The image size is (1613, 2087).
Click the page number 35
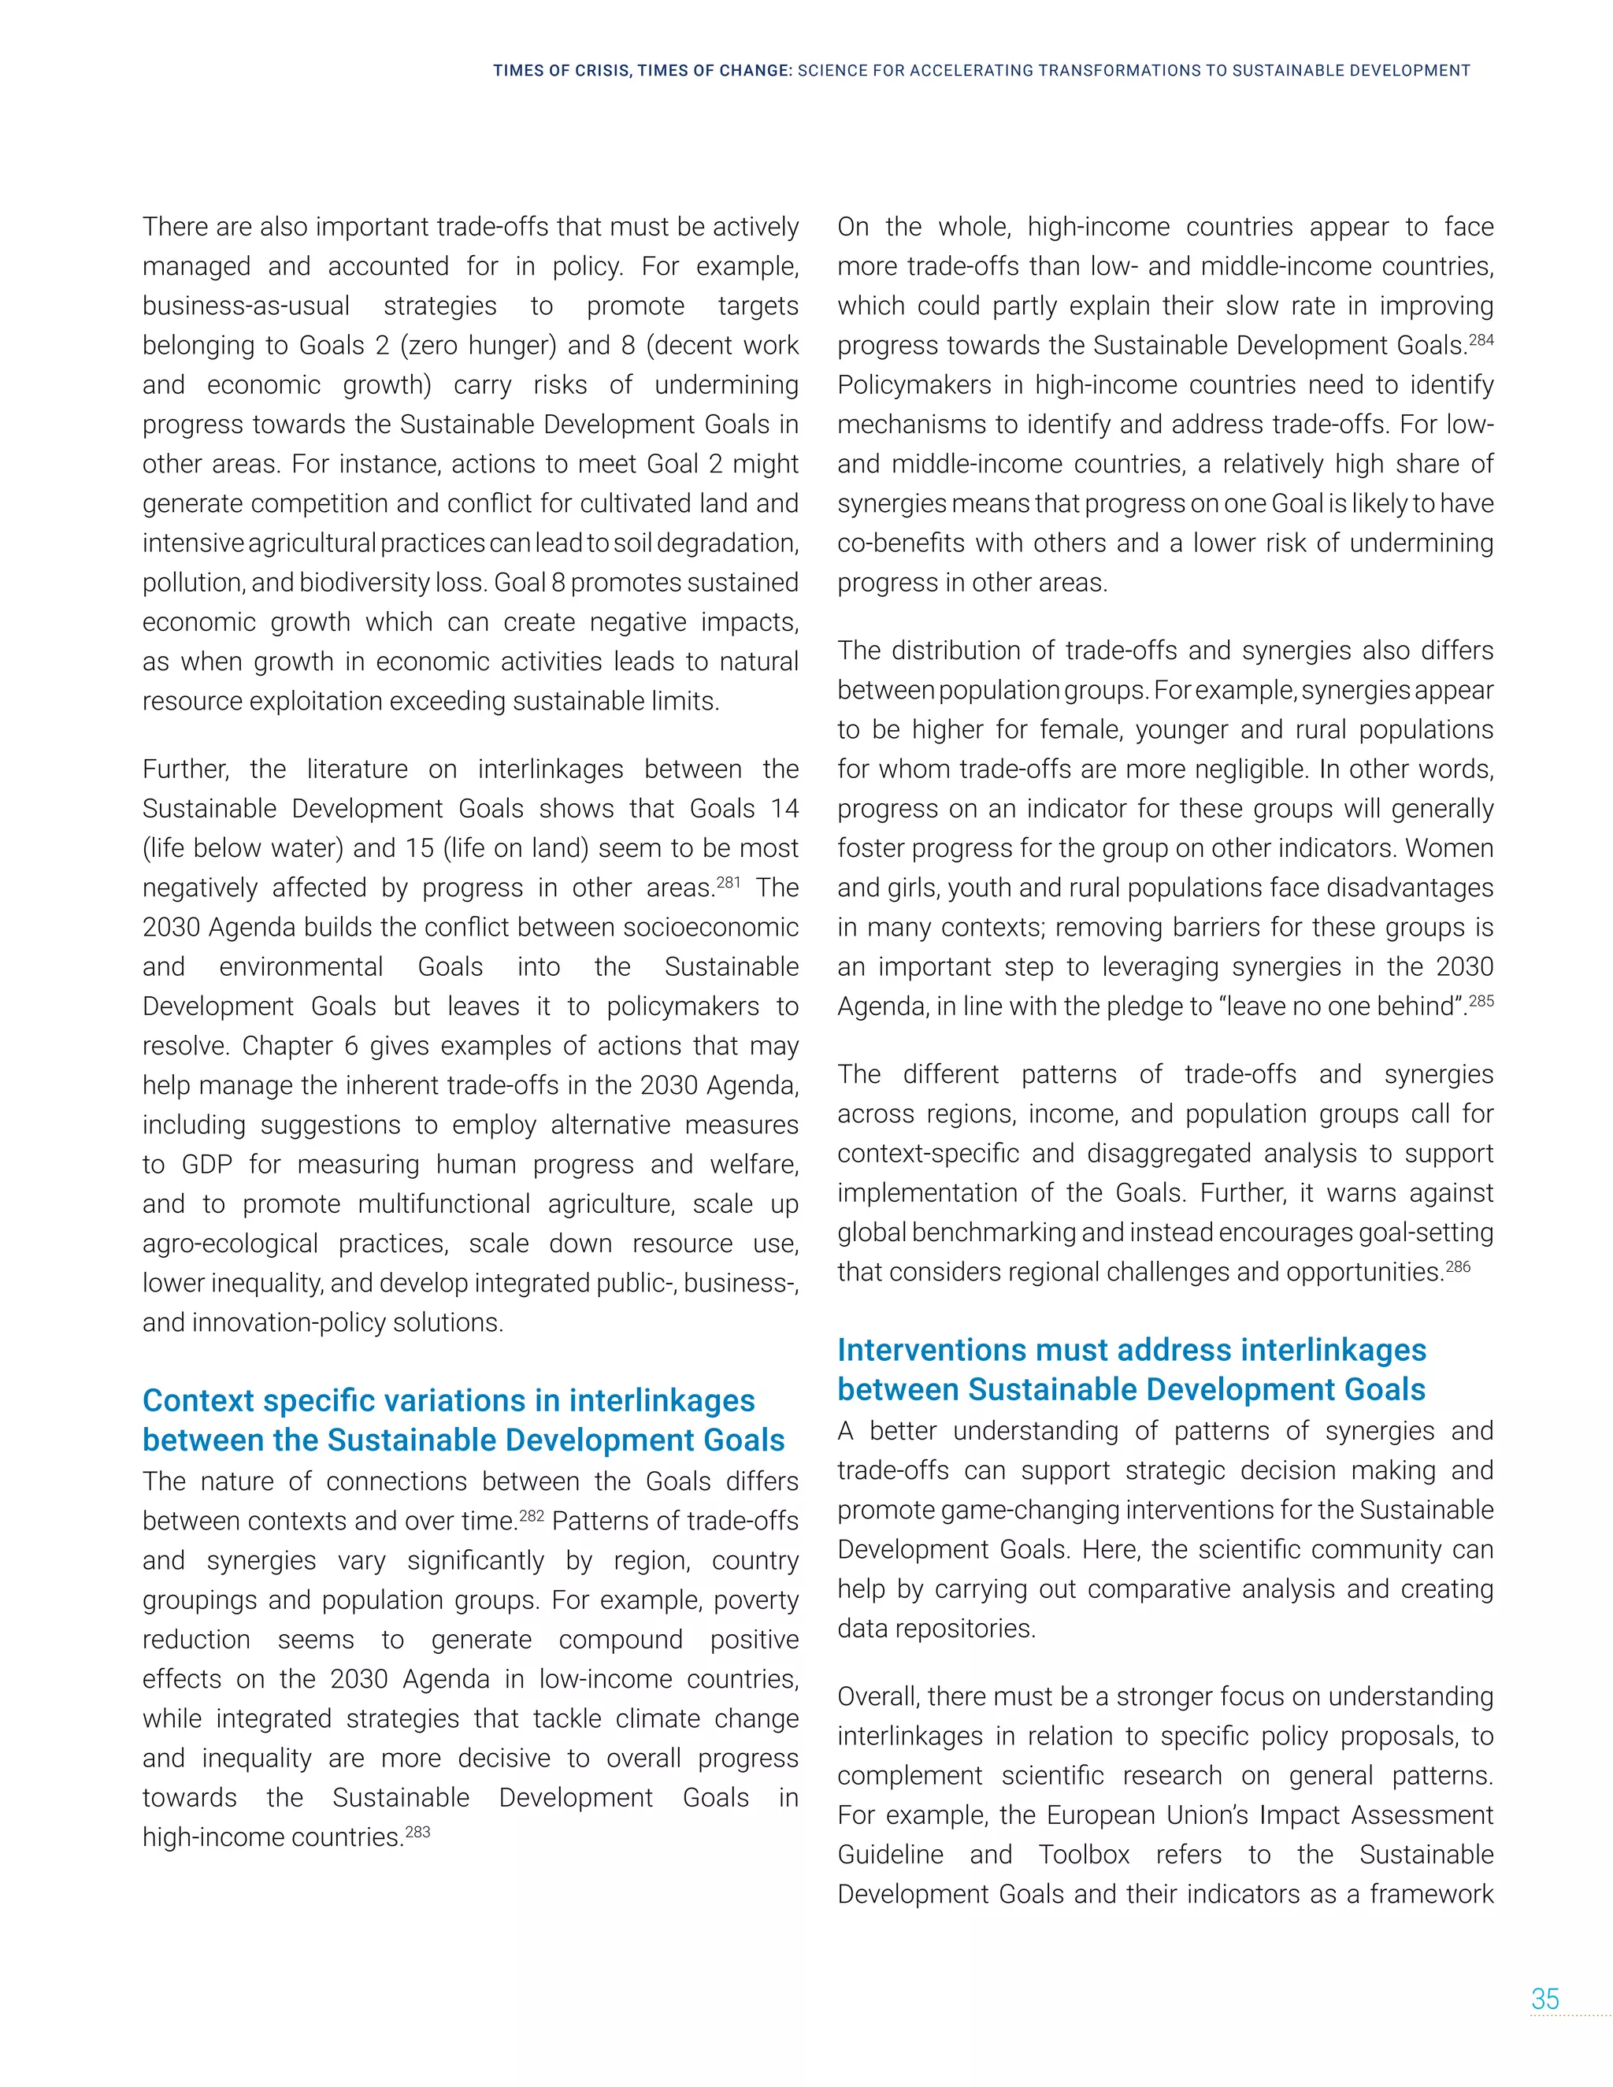click(1545, 1999)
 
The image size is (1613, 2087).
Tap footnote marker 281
click(729, 882)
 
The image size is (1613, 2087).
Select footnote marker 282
click(532, 1515)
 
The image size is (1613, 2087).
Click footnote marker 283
click(417, 1832)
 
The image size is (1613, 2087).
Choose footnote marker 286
click(1457, 1266)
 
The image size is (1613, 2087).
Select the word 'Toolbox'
click(1084, 1855)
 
